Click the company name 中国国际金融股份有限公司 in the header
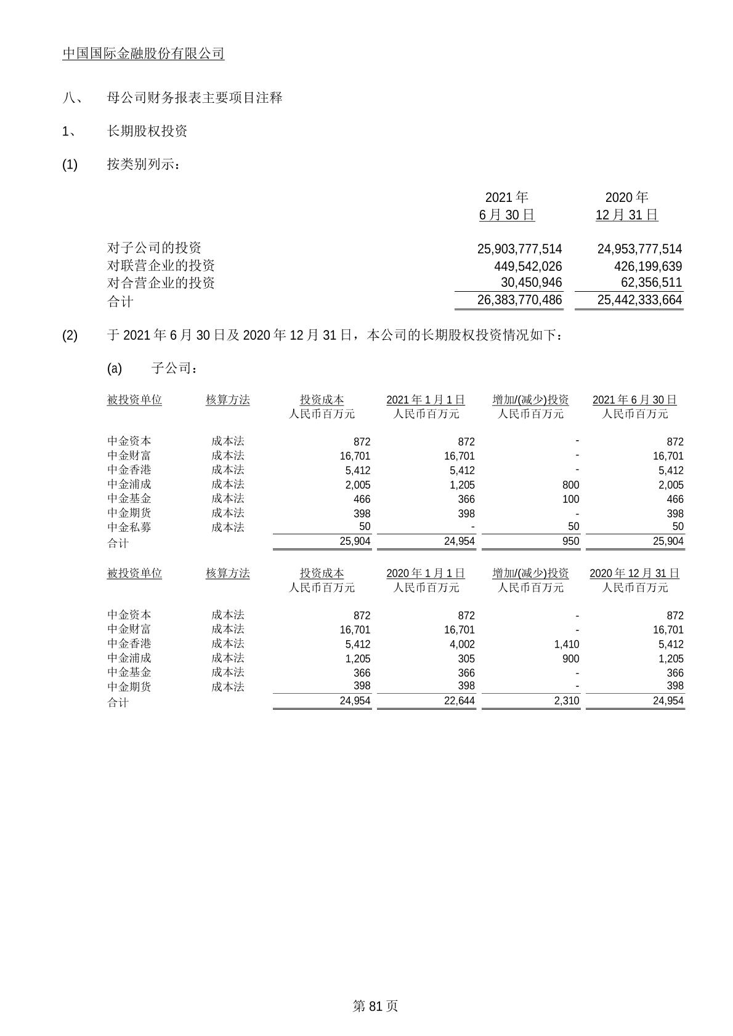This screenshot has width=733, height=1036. point(144,54)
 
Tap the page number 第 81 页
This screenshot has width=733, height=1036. point(375,1006)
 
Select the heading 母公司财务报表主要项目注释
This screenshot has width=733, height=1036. point(195,97)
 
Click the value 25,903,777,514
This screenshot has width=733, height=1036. point(519,249)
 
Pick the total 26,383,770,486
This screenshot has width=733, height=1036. point(519,300)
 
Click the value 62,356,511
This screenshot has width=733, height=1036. point(647,283)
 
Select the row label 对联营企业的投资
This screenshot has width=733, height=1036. point(161,266)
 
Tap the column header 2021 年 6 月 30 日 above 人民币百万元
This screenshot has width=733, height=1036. point(634,400)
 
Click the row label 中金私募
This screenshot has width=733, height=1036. point(129,528)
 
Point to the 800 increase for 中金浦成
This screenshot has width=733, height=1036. point(570,484)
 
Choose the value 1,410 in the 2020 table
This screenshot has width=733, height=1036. point(566,644)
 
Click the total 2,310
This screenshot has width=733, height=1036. point(566,701)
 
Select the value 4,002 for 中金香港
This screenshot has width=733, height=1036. point(462,644)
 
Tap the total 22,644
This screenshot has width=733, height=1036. point(460,701)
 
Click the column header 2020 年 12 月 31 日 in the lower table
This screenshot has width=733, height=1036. point(634,574)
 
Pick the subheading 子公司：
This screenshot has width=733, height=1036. point(175,368)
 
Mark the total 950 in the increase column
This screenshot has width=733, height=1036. point(570,541)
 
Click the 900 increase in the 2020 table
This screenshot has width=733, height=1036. point(570,659)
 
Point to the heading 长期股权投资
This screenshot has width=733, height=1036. point(147,131)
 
